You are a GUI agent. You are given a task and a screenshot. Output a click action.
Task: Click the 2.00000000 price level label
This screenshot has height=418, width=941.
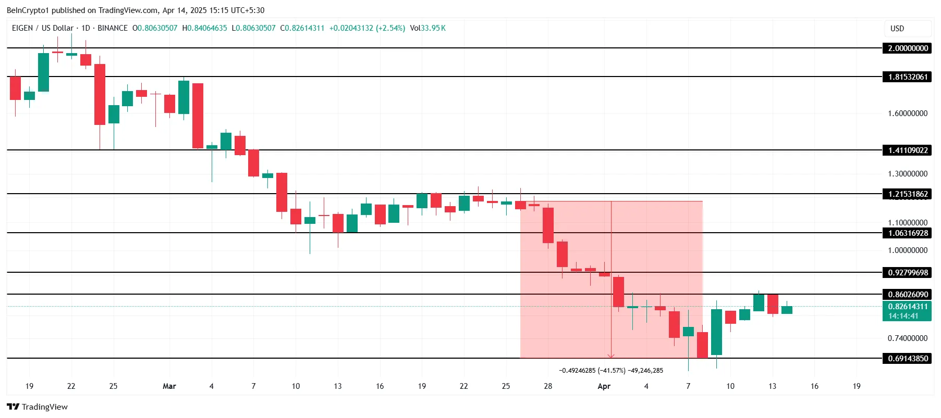tap(908, 48)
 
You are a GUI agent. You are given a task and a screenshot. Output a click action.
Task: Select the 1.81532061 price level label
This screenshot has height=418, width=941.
tap(908, 77)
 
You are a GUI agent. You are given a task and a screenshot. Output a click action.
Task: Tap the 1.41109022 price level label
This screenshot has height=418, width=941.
tap(908, 150)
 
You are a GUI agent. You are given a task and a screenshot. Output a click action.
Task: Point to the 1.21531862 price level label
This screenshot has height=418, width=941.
tap(908, 194)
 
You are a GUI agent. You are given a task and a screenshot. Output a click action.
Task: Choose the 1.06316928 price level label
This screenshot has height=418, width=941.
tap(908, 233)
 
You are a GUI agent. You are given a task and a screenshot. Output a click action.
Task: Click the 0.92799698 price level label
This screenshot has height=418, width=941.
tap(908, 273)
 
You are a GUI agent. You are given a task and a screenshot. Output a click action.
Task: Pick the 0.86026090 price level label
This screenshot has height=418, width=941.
tap(908, 295)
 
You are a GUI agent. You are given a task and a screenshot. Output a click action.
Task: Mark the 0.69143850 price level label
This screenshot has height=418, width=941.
tap(908, 359)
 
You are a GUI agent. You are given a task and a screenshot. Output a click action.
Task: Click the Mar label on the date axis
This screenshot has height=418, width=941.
tap(169, 386)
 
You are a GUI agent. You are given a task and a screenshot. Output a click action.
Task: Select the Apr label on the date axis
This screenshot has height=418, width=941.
tap(604, 386)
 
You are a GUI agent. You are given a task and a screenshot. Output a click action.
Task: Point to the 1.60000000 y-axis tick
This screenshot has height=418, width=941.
tap(908, 113)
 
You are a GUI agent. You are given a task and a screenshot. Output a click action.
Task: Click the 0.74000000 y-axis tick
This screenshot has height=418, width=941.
tap(908, 338)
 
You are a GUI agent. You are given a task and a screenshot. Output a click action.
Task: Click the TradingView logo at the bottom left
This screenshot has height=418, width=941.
tap(38, 407)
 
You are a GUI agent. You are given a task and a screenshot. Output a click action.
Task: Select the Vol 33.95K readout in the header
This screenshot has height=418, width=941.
tap(427, 28)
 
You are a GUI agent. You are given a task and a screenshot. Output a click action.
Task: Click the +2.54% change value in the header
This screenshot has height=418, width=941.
tap(390, 28)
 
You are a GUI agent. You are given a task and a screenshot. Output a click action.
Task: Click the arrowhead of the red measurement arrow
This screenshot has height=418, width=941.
tap(611, 356)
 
